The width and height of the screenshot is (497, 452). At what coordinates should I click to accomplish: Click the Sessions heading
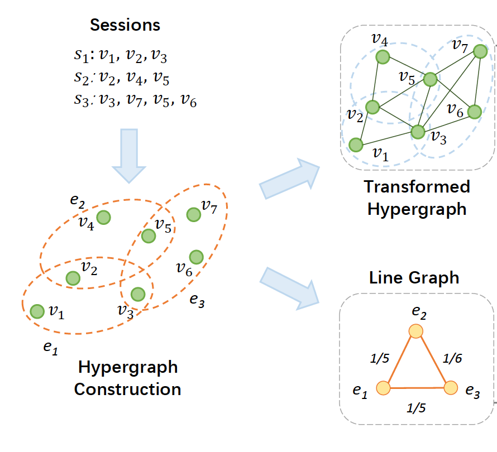pos(125,25)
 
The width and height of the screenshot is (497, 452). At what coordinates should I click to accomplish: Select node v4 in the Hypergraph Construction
pos(103,217)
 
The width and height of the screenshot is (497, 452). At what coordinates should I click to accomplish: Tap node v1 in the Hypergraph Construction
pos(37,311)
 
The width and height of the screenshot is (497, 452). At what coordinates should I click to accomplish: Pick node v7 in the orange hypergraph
pos(193,214)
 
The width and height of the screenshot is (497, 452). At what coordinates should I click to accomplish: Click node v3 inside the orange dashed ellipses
pos(138,294)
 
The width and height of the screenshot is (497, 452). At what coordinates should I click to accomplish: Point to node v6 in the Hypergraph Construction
pos(196,257)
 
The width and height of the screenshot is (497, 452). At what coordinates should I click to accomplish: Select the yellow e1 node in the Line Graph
pos(383,388)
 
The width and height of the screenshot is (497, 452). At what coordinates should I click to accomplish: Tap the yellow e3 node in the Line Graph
pos(451,387)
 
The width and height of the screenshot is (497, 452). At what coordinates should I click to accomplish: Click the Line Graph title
pos(414,277)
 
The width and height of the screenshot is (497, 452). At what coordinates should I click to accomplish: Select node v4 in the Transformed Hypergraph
pos(382,57)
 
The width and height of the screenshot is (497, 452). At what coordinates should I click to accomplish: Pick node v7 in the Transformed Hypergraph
pos(479,51)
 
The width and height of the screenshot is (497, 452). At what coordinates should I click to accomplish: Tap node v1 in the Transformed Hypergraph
pos(355,145)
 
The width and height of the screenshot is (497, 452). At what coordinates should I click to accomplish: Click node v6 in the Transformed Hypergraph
pos(474,112)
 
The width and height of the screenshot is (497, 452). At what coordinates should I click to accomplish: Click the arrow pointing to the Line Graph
pos(288,286)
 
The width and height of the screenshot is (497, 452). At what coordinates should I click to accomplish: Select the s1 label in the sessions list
pos(82,56)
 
